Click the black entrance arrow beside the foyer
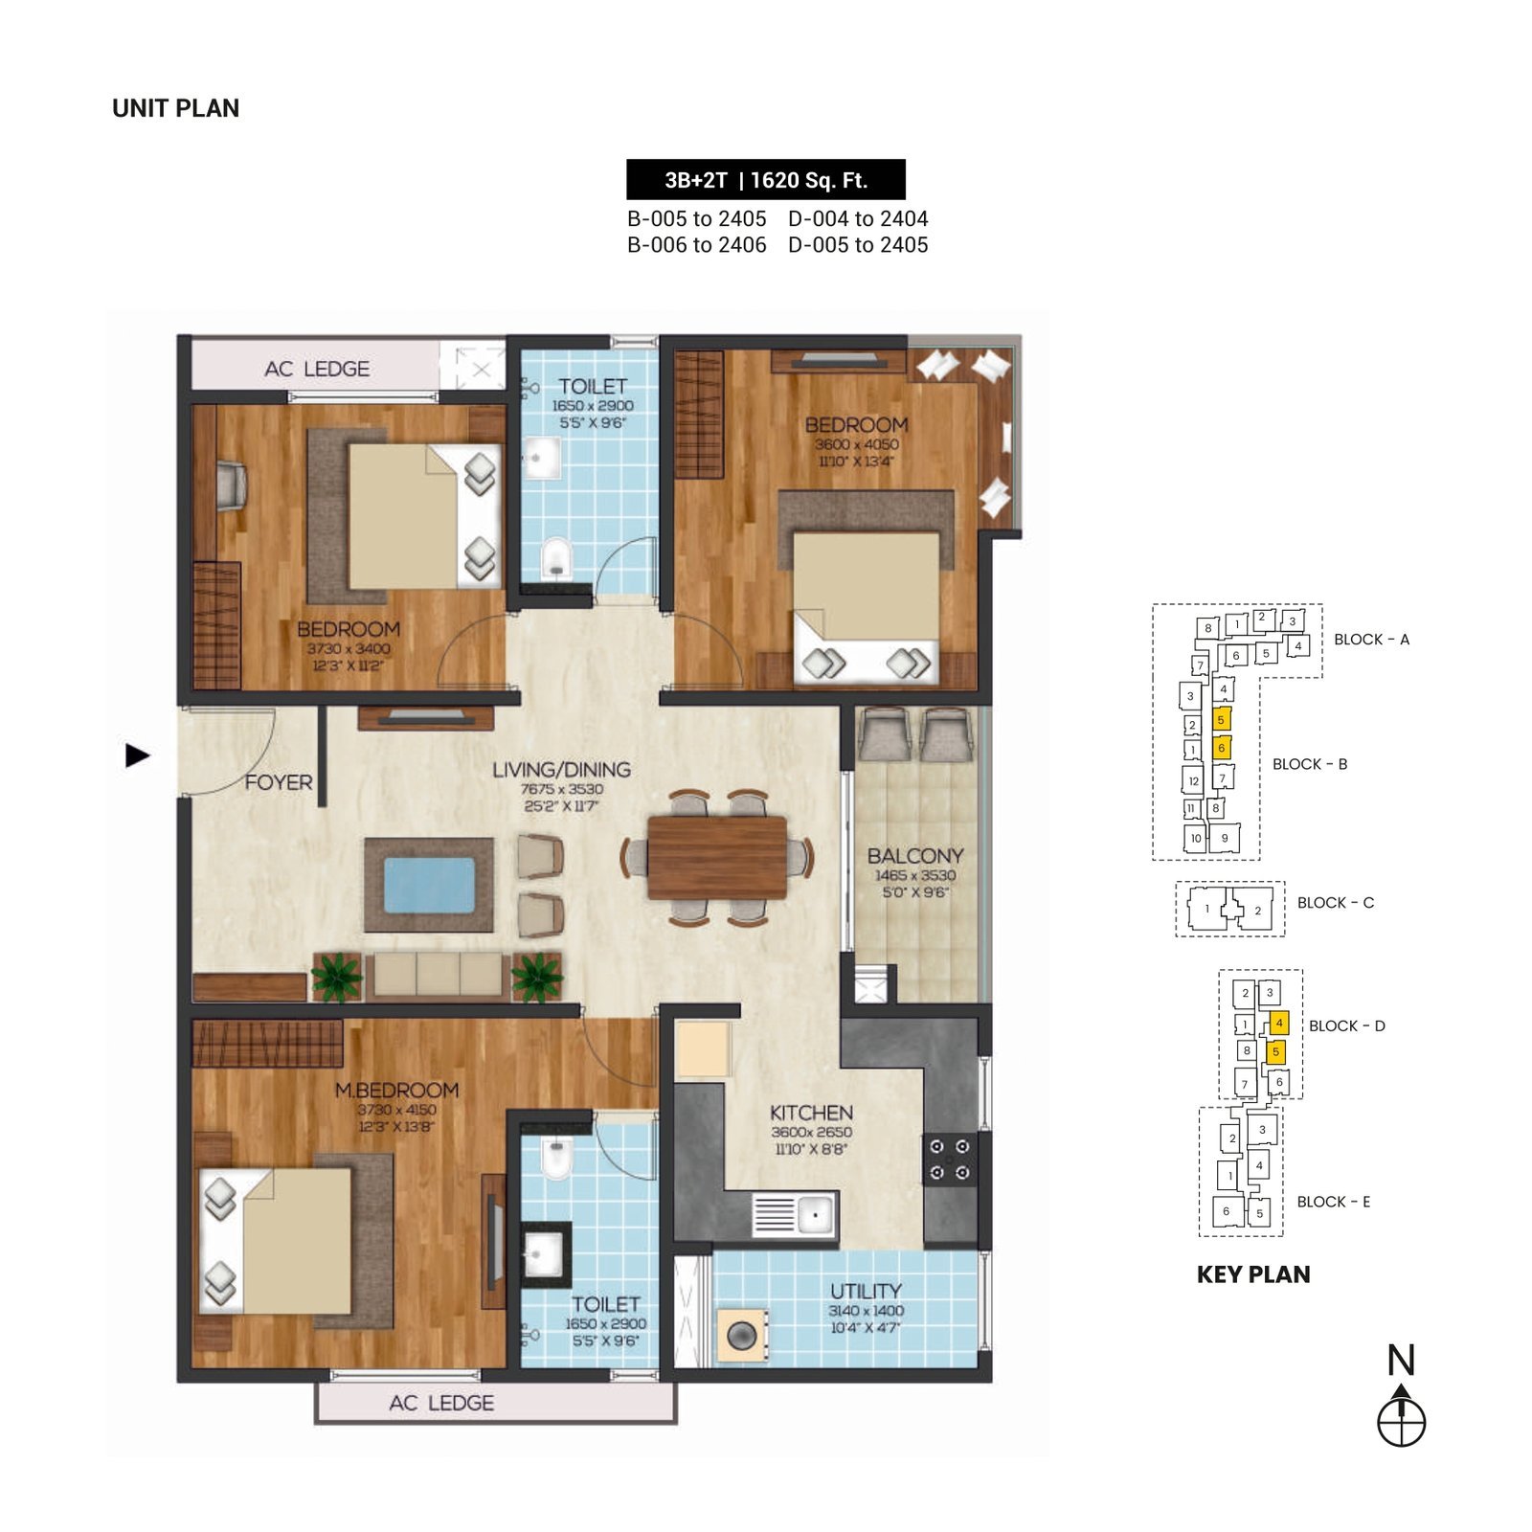point(137,755)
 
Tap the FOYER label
point(279,782)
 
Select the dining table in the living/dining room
point(717,858)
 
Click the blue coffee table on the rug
point(429,886)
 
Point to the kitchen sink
point(795,1215)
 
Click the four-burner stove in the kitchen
point(950,1160)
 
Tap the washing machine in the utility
point(742,1335)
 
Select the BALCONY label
point(915,856)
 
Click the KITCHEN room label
point(811,1113)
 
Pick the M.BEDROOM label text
point(396,1090)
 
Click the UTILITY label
point(866,1291)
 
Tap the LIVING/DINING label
point(561,770)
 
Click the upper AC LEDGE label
point(317,369)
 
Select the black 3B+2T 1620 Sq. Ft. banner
point(766,179)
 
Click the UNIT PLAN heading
point(175,108)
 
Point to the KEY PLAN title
point(1253,1274)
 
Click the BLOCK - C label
point(1335,903)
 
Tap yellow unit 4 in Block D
point(1279,1023)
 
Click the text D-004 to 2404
point(858,219)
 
